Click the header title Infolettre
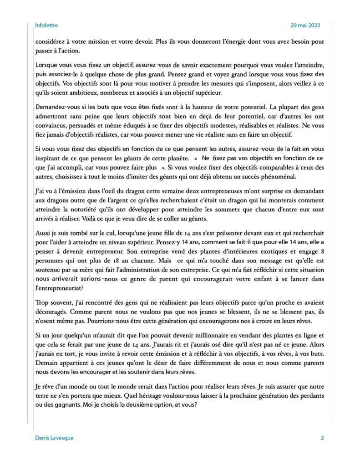[x=46, y=26]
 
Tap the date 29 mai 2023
[x=307, y=26]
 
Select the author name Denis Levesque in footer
[x=54, y=438]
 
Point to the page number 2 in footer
[x=322, y=438]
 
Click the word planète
[x=174, y=158]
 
